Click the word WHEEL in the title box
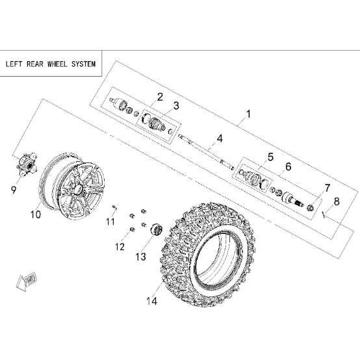(x=57, y=64)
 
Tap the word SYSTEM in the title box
(x=83, y=64)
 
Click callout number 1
(x=248, y=114)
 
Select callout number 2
(x=160, y=97)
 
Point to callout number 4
(x=220, y=138)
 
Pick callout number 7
(x=327, y=188)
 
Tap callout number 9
(x=14, y=190)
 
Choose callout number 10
(x=36, y=214)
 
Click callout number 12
(x=120, y=247)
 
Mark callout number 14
(x=152, y=301)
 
